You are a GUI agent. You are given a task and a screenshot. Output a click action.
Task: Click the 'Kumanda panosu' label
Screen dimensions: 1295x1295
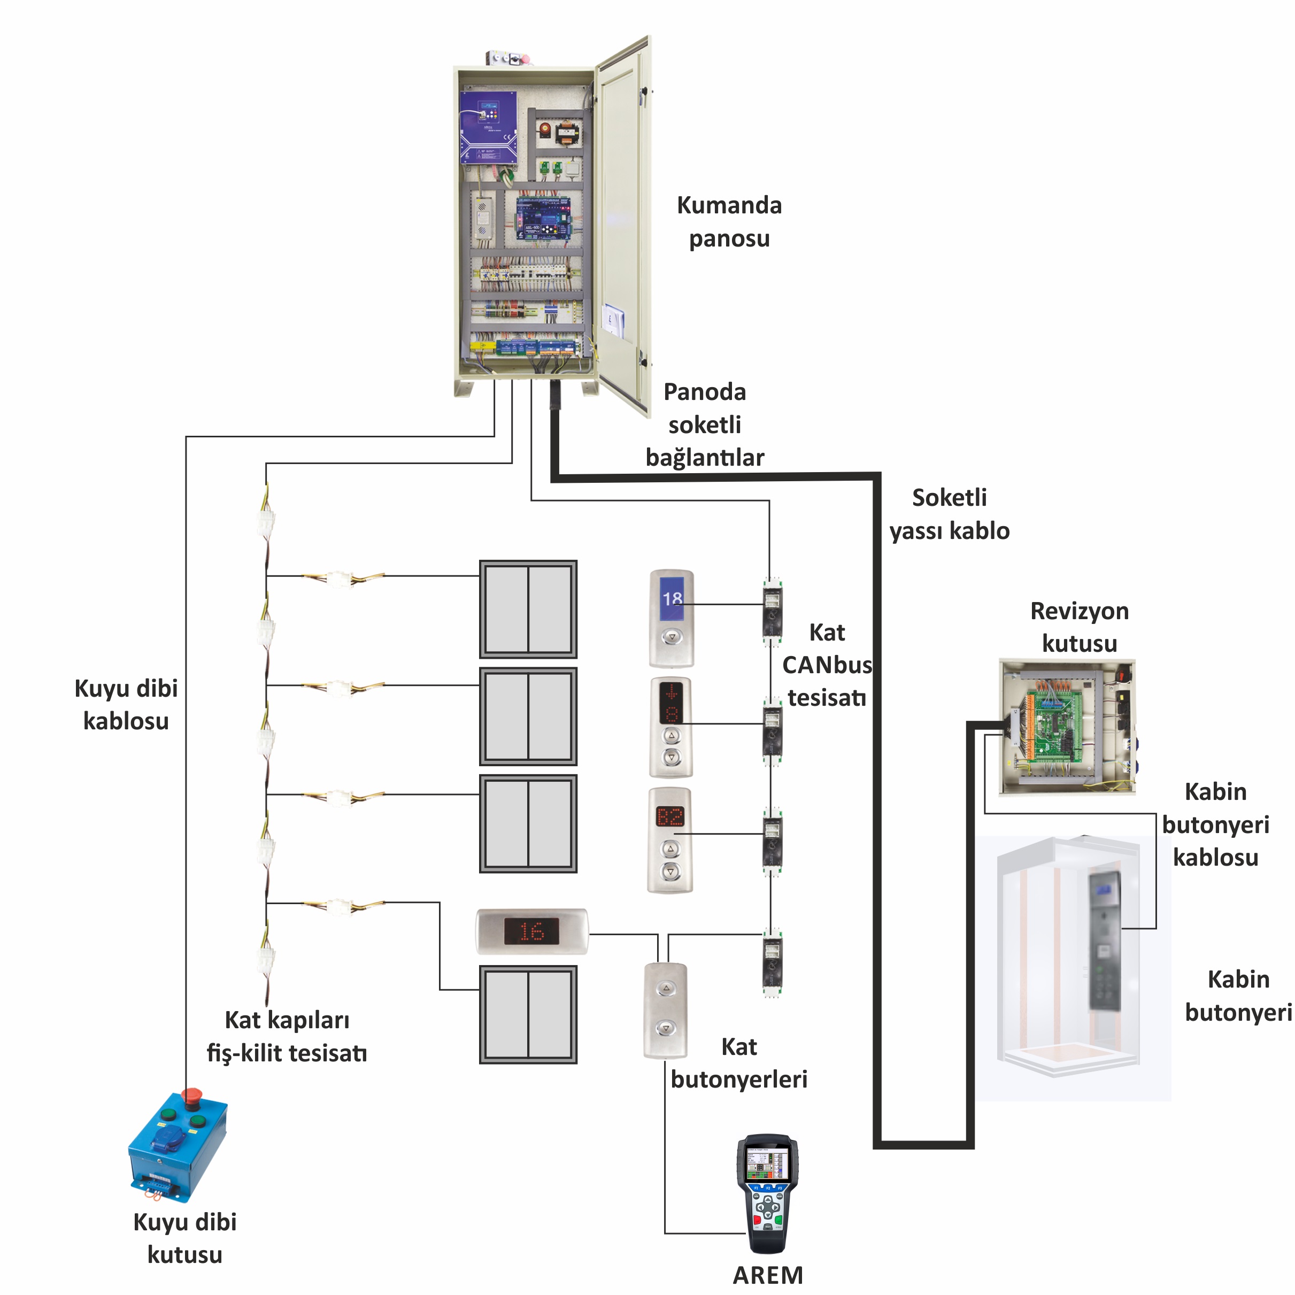(729, 222)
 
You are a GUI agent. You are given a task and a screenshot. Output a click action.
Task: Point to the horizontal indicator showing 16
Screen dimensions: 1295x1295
(531, 931)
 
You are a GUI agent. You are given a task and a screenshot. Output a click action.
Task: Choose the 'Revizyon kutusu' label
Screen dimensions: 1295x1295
(1079, 627)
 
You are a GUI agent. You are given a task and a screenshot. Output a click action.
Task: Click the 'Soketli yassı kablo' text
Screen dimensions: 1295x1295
(949, 514)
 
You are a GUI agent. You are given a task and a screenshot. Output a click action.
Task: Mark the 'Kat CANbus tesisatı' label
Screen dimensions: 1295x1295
(827, 665)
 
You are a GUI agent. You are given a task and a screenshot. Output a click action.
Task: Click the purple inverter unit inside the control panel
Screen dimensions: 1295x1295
(488, 127)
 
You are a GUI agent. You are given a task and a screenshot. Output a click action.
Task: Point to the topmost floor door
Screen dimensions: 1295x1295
(528, 610)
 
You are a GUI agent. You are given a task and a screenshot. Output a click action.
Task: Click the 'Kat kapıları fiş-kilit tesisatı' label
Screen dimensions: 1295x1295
(287, 1036)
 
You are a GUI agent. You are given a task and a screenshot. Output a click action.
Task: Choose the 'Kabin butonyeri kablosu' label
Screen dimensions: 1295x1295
(1215, 824)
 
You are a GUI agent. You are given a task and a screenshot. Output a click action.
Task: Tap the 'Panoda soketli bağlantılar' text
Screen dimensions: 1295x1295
(705, 425)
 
